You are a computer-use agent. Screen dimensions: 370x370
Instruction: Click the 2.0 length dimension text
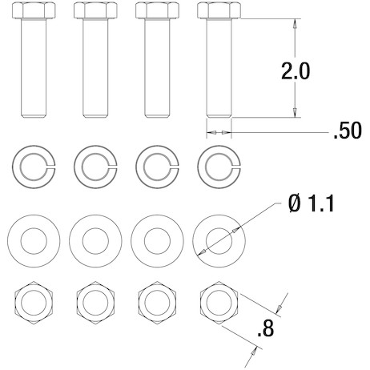296,71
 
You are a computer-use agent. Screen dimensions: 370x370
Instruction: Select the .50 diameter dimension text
348,131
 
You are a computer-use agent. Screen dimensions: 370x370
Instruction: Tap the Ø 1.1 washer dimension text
312,203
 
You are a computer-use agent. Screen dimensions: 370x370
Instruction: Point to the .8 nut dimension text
266,329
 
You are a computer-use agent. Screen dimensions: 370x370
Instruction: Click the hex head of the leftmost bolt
34,10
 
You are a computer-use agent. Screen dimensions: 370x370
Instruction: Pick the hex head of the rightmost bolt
219,10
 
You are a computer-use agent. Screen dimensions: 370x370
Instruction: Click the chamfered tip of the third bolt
157,116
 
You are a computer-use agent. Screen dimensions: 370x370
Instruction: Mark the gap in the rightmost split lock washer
235,167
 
